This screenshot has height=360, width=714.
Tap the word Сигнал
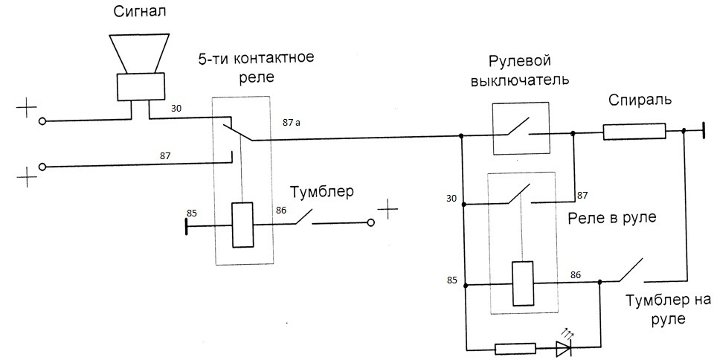[139, 13]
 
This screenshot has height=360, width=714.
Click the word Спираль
[640, 100]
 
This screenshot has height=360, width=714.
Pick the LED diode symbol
[563, 347]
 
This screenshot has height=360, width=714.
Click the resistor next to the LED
[515, 347]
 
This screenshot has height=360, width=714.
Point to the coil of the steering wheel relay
[522, 283]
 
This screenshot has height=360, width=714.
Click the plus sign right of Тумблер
[387, 211]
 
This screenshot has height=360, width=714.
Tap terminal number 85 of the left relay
[192, 213]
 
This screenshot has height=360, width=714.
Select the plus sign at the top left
[27, 109]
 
